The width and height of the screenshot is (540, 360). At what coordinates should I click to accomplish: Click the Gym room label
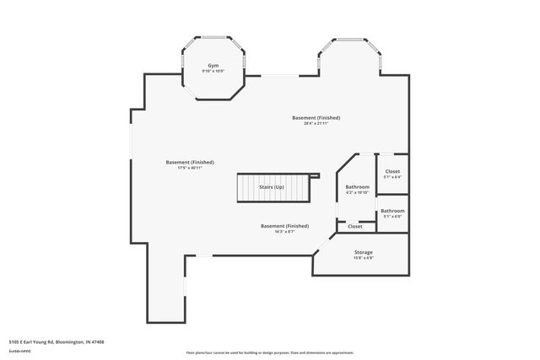[x=213, y=66]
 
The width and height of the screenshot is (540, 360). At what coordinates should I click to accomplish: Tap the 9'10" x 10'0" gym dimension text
[x=213, y=72]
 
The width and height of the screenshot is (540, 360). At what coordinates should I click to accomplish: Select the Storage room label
[x=363, y=252]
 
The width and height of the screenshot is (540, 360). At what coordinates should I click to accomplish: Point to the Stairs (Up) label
[x=271, y=186]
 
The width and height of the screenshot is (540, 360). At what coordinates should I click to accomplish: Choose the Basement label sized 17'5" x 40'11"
[x=189, y=162]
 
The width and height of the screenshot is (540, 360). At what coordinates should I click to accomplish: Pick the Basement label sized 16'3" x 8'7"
[x=284, y=226]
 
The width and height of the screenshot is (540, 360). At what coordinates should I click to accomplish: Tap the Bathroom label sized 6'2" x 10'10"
[x=358, y=186]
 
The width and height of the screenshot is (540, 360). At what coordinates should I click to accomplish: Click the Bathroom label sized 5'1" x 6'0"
[x=392, y=211]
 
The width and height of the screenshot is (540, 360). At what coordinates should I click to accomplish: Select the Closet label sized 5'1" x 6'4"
[x=393, y=171]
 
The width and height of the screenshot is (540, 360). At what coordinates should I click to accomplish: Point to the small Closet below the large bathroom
[x=355, y=226]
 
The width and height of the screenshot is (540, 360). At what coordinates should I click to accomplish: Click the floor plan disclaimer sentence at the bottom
[x=269, y=352]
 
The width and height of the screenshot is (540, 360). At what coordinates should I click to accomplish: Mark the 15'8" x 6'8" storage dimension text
[x=363, y=258]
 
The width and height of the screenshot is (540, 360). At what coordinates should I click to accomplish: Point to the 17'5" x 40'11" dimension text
[x=189, y=168]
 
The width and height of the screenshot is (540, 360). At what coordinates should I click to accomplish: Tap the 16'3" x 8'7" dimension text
[x=284, y=232]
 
